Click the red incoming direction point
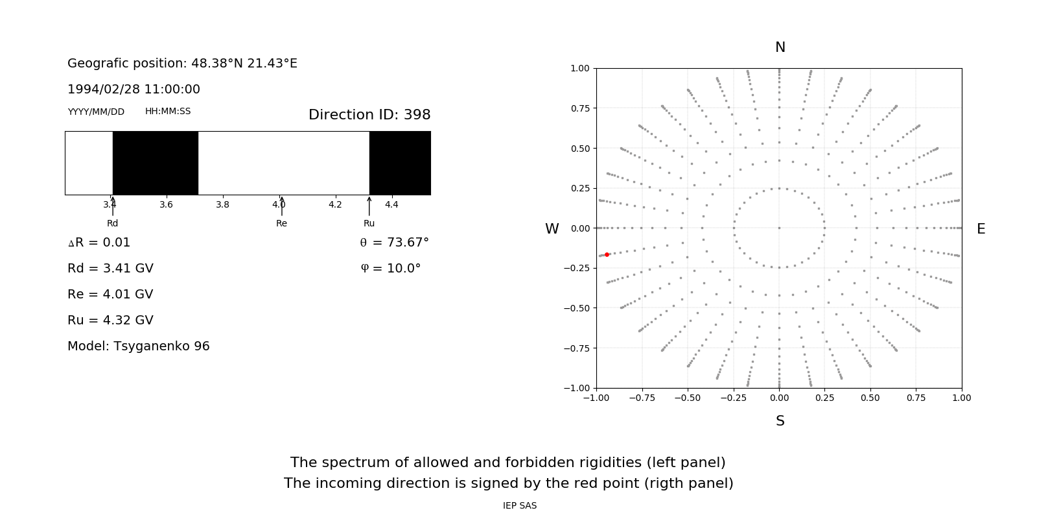point(607,255)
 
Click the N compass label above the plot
point(780,47)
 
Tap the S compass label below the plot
point(780,421)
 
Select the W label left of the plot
point(552,229)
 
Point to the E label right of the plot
point(981,229)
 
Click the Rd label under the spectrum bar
point(112,223)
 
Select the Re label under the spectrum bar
point(281,223)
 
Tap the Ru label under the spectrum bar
point(369,223)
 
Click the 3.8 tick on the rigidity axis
point(222,204)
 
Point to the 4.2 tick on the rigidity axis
point(335,204)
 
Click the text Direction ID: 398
point(369,115)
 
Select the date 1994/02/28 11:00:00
point(134,89)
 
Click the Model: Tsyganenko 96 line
point(139,346)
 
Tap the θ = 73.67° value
point(394,242)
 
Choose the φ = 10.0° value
point(390,268)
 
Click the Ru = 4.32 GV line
point(110,320)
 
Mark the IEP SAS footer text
point(519,505)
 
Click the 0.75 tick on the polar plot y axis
point(579,108)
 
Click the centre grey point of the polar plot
point(779,228)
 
